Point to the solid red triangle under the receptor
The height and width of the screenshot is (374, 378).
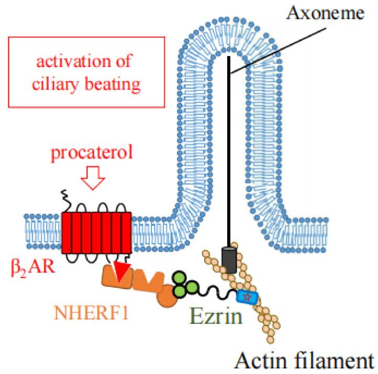(x=123, y=274)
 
